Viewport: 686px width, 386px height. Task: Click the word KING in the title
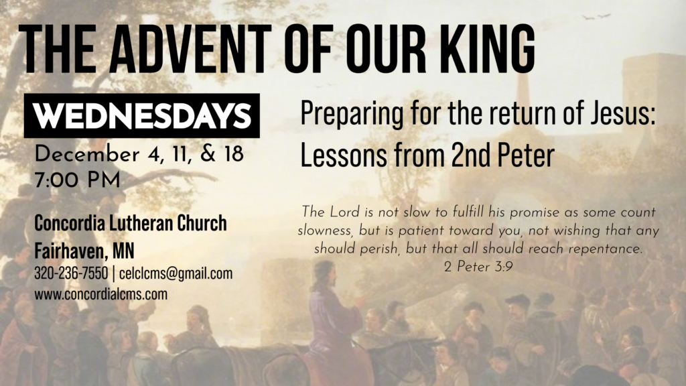(485, 48)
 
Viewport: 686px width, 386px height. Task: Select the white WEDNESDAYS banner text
(142, 116)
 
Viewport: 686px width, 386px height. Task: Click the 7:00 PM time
(77, 180)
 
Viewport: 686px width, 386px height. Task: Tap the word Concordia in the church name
(70, 222)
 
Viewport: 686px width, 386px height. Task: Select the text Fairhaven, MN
(84, 251)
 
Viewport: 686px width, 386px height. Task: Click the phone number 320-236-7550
(71, 273)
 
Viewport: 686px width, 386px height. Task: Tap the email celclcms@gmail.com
(176, 273)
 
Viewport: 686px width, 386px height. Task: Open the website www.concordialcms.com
(100, 294)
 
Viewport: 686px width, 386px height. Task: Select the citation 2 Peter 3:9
(478, 267)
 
